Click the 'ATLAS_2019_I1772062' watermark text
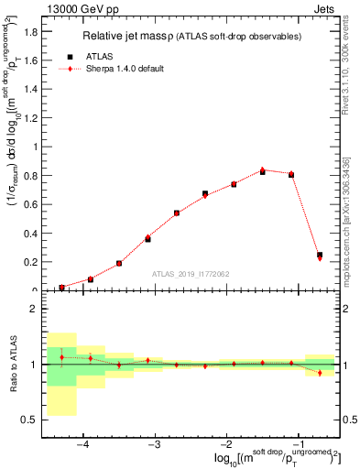coord(191,274)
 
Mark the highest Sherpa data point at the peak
coord(263,169)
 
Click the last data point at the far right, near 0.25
coord(320,256)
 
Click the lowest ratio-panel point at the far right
coord(320,373)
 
